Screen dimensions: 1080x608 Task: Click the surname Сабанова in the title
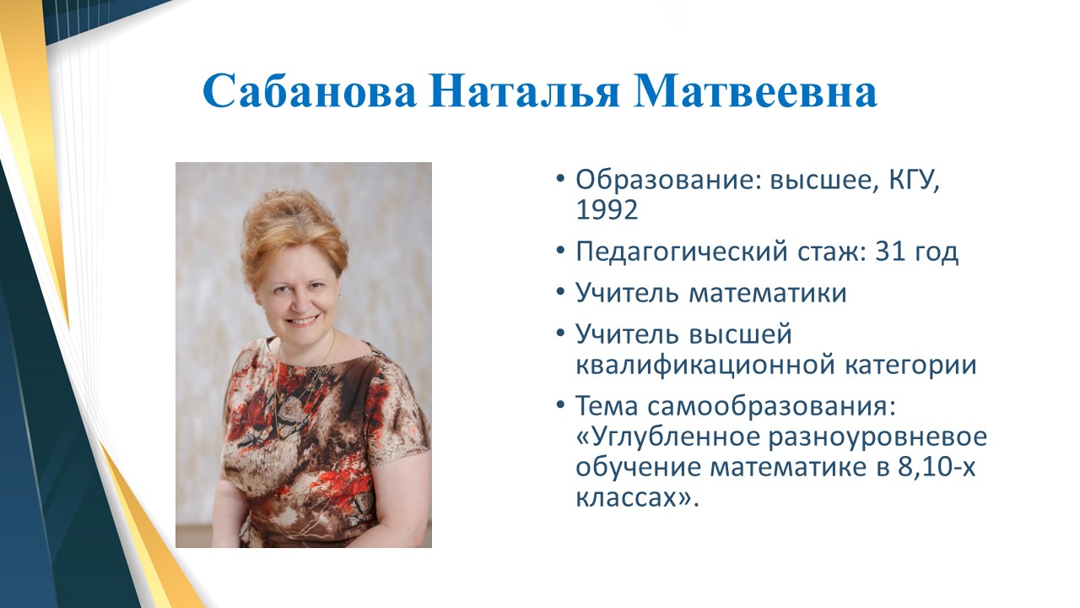coord(309,90)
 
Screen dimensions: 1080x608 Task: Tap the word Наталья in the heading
coord(524,90)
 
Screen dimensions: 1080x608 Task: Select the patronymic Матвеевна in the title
coord(755,90)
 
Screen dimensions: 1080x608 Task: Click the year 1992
coord(607,210)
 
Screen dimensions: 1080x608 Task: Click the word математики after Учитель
coord(768,293)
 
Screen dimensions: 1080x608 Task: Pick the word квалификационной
coord(705,366)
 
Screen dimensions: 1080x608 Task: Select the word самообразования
coord(771,406)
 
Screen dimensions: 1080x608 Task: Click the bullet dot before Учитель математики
coord(559,292)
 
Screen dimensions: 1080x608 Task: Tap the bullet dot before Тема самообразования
coord(559,404)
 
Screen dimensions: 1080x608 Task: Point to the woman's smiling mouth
coord(303,320)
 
